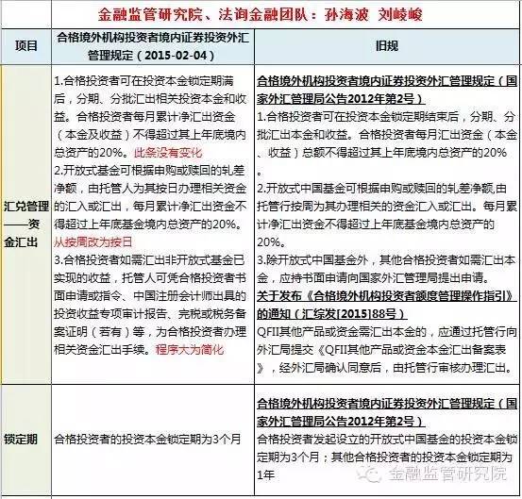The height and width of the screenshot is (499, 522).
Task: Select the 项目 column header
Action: coord(25,44)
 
